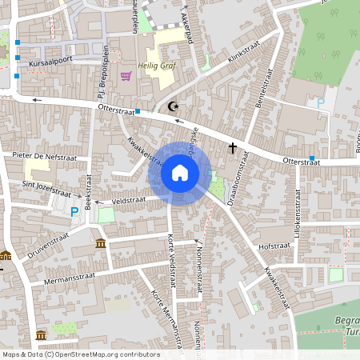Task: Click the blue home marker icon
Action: click(x=180, y=173)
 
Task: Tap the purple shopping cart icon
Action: click(x=126, y=76)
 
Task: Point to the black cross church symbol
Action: click(x=233, y=147)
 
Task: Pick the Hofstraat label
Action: click(x=274, y=246)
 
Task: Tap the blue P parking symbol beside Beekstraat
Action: click(x=74, y=211)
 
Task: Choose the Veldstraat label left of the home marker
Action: click(x=129, y=200)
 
